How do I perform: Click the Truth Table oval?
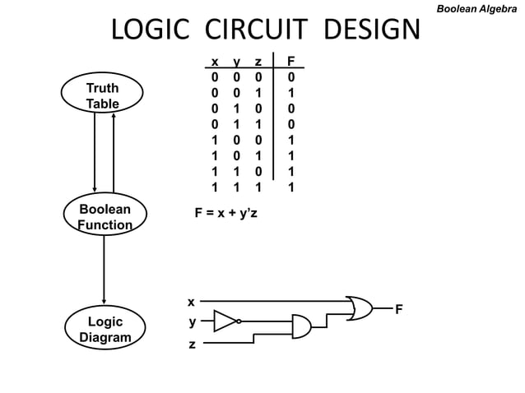click(x=103, y=95)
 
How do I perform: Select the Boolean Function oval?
click(x=105, y=217)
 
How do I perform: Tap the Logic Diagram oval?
click(x=105, y=329)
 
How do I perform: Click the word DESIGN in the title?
click(x=371, y=31)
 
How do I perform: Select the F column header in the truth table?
click(x=290, y=62)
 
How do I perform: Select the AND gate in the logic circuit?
click(x=301, y=326)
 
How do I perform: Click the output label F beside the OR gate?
click(x=399, y=309)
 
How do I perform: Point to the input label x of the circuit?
click(x=191, y=302)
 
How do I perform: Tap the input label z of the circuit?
click(x=192, y=344)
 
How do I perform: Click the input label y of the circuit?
click(x=192, y=322)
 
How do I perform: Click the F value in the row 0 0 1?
click(x=290, y=92)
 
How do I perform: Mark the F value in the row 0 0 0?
click(x=290, y=76)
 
